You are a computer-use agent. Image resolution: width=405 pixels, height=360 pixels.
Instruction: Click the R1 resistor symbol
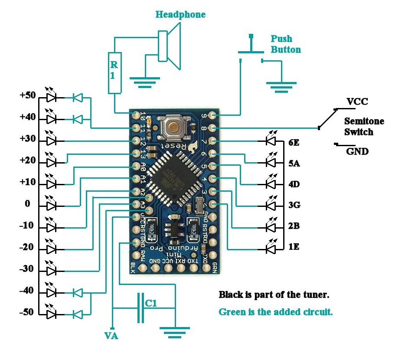114,73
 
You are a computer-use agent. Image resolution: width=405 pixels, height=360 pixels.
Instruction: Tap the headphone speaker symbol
169,46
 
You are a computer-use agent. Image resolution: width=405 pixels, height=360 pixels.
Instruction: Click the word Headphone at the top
180,15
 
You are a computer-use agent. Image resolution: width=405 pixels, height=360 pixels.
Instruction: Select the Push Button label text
285,44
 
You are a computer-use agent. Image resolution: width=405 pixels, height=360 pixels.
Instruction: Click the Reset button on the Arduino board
173,126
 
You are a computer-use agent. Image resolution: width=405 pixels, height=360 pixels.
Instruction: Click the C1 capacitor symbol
140,308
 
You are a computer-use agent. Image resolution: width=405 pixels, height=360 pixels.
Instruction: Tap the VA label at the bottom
111,336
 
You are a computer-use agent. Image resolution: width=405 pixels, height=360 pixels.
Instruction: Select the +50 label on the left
27,95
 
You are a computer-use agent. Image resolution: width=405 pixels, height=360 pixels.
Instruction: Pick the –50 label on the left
27,312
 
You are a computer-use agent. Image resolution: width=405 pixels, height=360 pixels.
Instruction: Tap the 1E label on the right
294,247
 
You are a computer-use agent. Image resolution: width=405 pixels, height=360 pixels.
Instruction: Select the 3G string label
294,205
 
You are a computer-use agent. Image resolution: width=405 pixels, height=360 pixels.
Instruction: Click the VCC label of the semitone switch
357,102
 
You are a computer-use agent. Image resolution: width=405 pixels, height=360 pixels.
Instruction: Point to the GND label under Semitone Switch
357,152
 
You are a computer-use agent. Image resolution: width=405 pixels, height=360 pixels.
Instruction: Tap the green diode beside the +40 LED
78,119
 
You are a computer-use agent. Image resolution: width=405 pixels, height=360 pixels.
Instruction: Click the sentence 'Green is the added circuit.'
275,311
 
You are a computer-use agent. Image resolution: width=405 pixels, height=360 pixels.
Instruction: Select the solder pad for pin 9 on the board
212,115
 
